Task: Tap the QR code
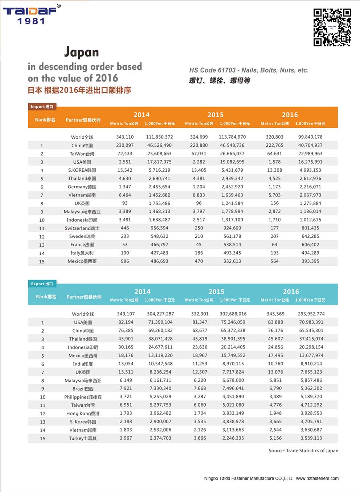point(332,27)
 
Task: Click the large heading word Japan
point(81,52)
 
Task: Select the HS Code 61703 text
point(249,70)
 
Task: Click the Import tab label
point(42,107)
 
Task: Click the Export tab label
point(42,284)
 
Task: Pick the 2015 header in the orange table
point(215,115)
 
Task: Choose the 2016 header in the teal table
point(291,292)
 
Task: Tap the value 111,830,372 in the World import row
point(159,137)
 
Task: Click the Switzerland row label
point(82,228)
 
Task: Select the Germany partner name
point(82,187)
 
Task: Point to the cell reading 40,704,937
point(310,145)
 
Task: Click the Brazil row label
point(83,389)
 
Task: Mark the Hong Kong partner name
point(83,413)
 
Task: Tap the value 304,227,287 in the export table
point(160,314)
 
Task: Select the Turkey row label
point(83,439)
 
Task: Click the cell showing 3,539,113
point(311,438)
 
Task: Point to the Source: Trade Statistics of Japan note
point(303,451)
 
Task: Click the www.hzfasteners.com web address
point(317,478)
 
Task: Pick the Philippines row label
point(83,397)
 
